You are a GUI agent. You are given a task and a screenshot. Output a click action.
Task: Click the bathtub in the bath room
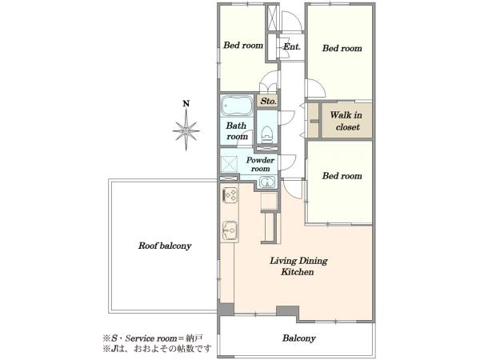tap(236, 106)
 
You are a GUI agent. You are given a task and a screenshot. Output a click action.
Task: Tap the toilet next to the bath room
tap(267, 134)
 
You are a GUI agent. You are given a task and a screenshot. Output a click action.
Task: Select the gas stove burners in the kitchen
tap(230, 195)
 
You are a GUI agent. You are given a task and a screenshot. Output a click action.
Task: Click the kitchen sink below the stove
tap(230, 230)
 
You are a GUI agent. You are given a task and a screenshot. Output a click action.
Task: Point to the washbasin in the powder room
tap(267, 182)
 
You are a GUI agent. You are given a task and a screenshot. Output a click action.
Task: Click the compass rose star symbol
tap(186, 130)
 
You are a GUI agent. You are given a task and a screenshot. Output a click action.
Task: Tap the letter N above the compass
tap(186, 103)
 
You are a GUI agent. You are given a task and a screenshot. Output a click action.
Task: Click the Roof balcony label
tap(165, 246)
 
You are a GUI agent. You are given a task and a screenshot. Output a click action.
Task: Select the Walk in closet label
tap(346, 121)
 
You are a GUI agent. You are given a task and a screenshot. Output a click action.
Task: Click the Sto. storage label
tap(269, 101)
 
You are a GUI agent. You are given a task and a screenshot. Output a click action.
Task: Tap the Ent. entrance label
tap(292, 47)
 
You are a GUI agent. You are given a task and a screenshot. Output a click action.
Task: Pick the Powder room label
tap(260, 164)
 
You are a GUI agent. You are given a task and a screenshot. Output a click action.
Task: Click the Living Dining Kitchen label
tap(298, 266)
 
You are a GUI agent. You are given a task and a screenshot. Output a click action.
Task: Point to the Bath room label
tap(237, 131)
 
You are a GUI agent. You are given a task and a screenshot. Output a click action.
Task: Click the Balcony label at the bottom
tap(298, 338)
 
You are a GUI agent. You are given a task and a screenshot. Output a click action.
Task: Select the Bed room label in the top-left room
tap(243, 46)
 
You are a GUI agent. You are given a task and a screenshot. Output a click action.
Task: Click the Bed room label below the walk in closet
tap(342, 176)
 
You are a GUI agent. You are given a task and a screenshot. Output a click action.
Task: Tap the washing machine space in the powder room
tap(229, 163)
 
